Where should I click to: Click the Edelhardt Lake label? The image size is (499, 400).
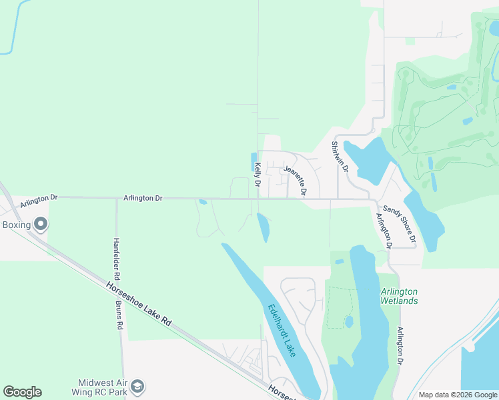tap(282, 330)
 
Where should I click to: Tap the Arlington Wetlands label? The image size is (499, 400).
tap(399, 296)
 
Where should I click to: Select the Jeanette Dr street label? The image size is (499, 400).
tap(295, 181)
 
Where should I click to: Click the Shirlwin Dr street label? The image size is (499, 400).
tap(340, 157)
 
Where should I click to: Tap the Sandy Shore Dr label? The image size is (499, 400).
tap(400, 223)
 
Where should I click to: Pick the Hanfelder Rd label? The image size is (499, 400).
tap(116, 259)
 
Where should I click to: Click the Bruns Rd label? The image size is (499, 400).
tap(119, 315)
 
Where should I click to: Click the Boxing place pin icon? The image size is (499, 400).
tap(41, 224)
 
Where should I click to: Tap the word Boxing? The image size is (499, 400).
tap(17, 225)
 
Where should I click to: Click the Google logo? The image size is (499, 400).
tap(22, 392)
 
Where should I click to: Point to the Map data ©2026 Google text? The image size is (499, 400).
tap(457, 395)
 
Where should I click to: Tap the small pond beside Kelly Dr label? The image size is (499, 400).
tap(254, 161)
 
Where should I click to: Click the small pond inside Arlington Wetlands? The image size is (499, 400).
tap(348, 321)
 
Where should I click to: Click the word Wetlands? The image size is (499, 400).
tap(399, 301)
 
